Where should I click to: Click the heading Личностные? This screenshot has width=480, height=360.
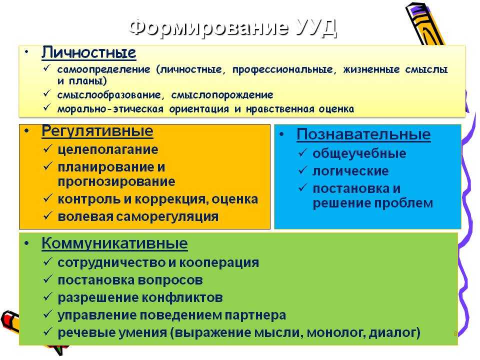click(x=89, y=52)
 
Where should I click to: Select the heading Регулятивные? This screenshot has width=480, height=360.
click(x=97, y=131)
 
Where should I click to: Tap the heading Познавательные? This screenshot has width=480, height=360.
click(x=363, y=134)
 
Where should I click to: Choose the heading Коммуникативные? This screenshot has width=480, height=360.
click(x=115, y=243)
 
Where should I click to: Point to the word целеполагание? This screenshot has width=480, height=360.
click(x=108, y=149)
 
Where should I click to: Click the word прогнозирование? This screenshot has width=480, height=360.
click(x=116, y=182)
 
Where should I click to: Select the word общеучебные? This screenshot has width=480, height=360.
click(x=359, y=153)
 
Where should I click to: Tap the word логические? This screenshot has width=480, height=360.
click(x=350, y=171)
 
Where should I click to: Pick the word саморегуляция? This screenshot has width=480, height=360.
click(x=167, y=216)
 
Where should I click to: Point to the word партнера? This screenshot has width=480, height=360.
click(x=255, y=315)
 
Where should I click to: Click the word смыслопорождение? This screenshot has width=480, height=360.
click(x=222, y=95)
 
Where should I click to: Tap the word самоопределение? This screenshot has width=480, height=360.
click(x=104, y=70)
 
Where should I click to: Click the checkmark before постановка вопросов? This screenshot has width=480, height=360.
click(x=48, y=279)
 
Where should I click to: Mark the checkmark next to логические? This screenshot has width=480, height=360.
click(x=302, y=170)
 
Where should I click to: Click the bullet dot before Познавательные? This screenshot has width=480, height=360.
click(x=281, y=134)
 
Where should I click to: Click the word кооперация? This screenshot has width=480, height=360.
click(x=219, y=263)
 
